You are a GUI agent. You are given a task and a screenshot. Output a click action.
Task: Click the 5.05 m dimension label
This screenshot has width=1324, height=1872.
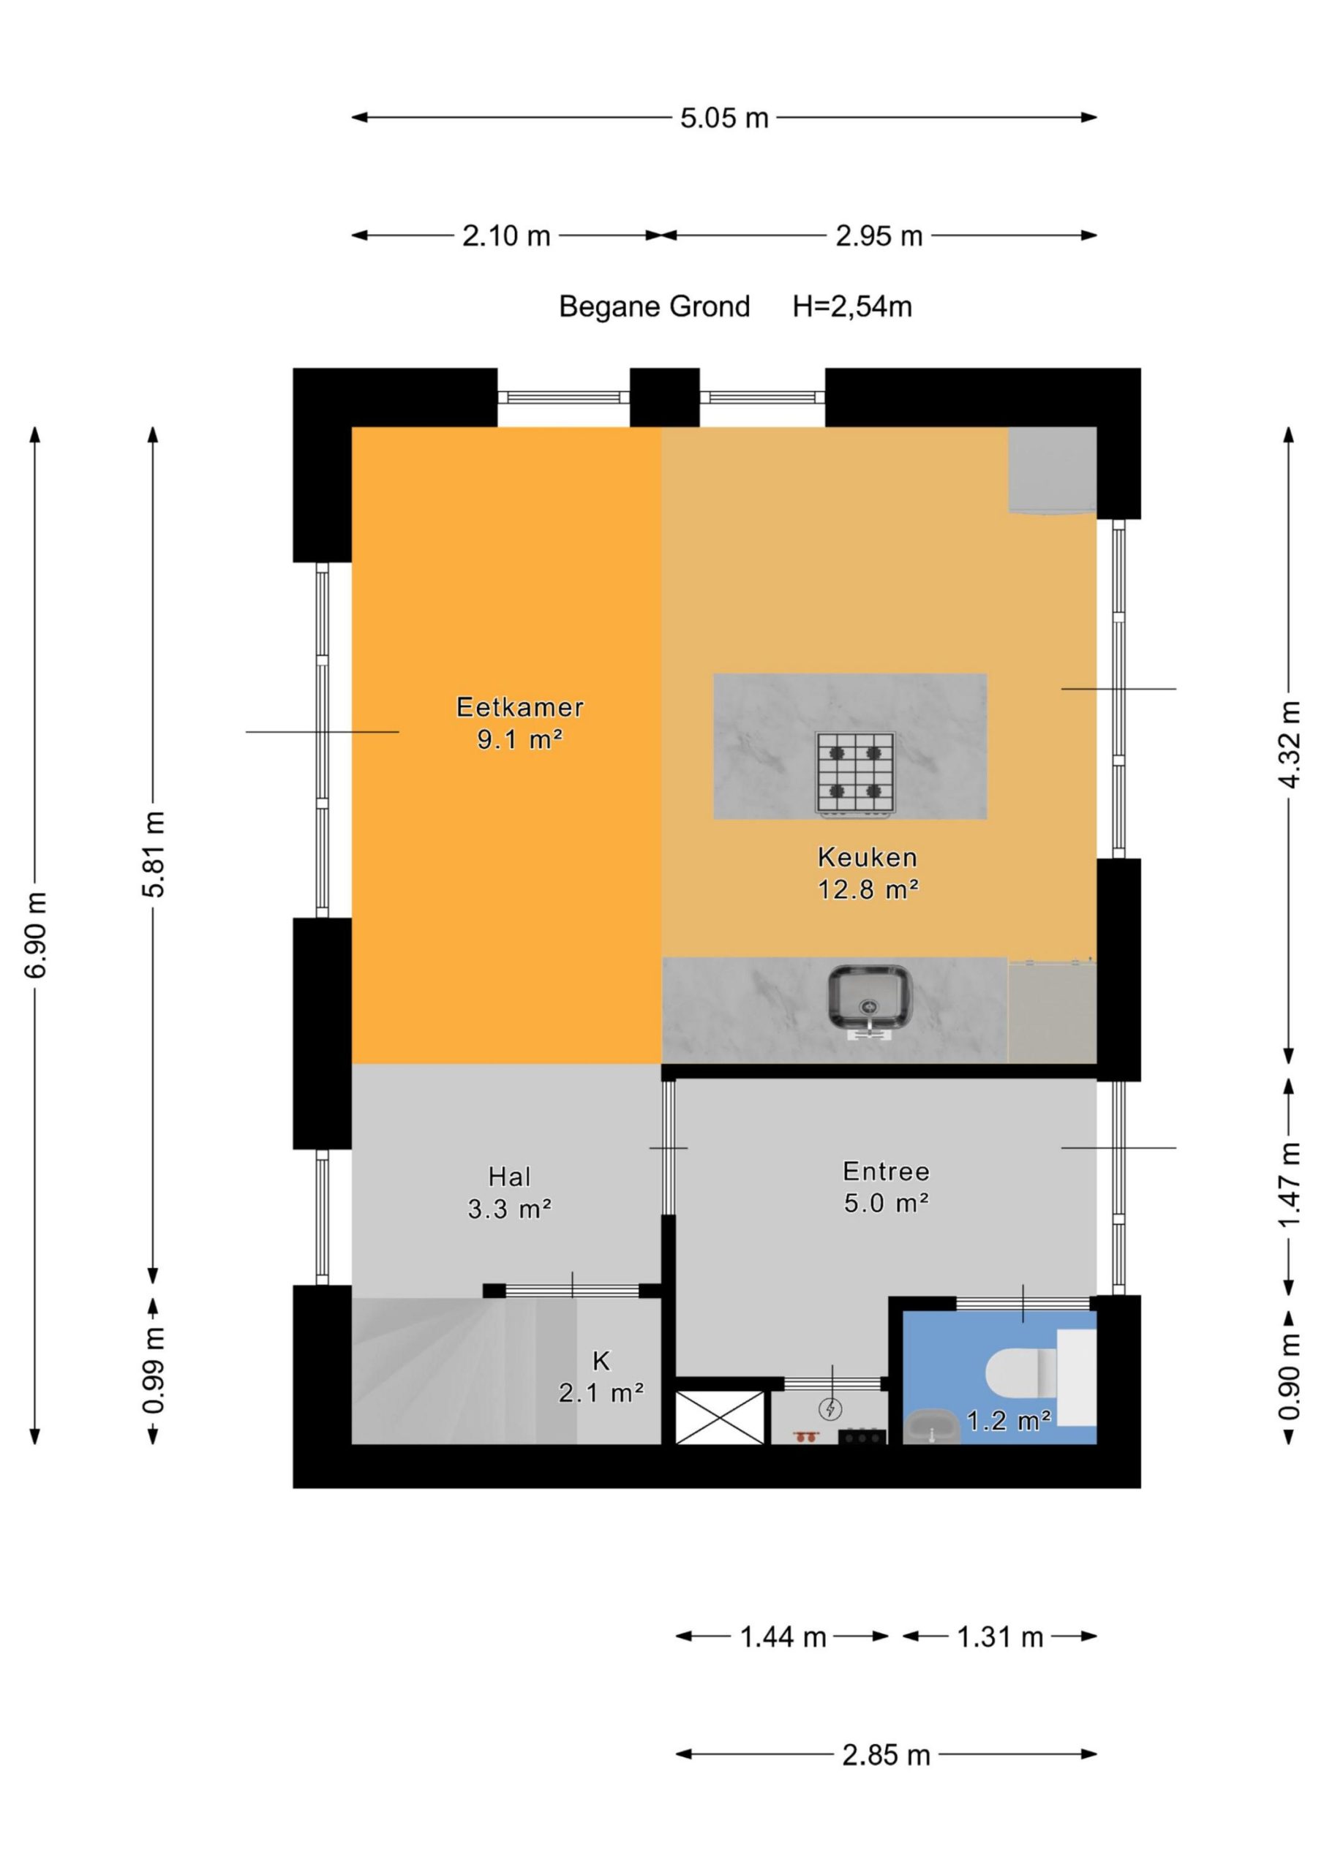coord(724,118)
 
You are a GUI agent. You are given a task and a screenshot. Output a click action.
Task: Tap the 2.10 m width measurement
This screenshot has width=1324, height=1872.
coord(507,236)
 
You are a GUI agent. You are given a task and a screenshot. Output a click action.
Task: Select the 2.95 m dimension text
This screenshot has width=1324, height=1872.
coord(879,236)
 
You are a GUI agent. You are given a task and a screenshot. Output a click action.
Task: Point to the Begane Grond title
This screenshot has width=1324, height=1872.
coord(654,306)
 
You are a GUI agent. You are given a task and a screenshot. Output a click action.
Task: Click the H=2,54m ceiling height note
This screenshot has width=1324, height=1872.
coord(852,306)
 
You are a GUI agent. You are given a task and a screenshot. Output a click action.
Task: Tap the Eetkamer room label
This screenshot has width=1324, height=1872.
coord(519,707)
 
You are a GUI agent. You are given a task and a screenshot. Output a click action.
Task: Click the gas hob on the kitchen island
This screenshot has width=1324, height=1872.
coord(854,771)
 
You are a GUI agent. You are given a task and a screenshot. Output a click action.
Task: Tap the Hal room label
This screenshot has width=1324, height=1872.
coord(510,1177)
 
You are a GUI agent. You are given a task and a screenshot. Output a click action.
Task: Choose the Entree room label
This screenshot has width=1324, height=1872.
coord(886,1171)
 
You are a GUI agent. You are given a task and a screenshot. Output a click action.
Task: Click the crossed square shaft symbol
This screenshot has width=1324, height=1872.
coord(721,1417)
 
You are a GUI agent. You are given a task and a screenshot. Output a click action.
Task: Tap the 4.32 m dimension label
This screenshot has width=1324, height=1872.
coord(1290,744)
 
